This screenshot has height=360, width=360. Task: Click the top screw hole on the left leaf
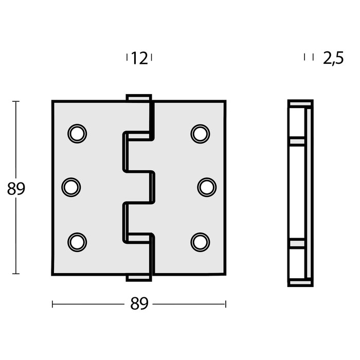click(x=77, y=133)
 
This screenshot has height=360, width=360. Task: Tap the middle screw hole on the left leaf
click(x=71, y=187)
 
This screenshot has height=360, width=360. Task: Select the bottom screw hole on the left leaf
click(x=77, y=241)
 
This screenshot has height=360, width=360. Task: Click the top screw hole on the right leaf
click(x=200, y=133)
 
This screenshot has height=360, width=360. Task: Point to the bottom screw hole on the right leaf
click(x=200, y=241)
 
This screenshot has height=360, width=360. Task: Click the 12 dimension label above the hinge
click(x=139, y=59)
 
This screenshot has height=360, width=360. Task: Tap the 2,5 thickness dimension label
click(x=333, y=59)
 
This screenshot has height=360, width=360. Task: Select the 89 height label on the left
click(x=16, y=189)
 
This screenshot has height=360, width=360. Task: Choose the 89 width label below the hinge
click(x=139, y=304)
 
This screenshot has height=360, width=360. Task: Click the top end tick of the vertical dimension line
click(x=16, y=102)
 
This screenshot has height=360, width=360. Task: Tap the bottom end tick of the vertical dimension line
click(x=16, y=274)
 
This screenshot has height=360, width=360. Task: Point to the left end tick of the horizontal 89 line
click(x=52, y=304)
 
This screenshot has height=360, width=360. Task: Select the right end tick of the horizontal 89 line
click(x=225, y=304)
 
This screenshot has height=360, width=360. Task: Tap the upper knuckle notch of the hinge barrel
click(x=138, y=152)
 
